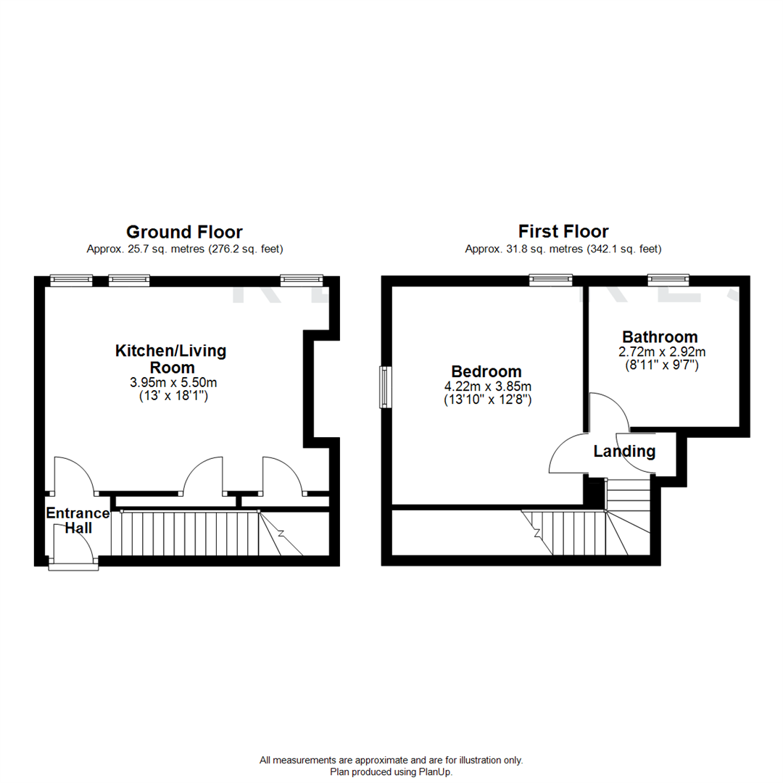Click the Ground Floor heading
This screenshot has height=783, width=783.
pos(184,232)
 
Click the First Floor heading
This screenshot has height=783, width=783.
pos(563,232)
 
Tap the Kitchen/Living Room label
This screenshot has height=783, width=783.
pos(171,359)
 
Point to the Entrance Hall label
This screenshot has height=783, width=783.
pos(78,521)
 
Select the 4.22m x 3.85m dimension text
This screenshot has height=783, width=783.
pos(487,386)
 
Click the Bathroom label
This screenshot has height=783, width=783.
pos(660,337)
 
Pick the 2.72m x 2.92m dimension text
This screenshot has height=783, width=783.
pos(660,352)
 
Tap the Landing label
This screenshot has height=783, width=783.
pos(624,452)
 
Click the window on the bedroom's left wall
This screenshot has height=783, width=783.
pos(386,388)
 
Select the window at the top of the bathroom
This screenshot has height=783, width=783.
pos(668,278)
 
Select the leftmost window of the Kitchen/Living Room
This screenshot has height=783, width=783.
pos(72,278)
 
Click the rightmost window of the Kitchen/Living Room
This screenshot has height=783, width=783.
pos(301,278)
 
